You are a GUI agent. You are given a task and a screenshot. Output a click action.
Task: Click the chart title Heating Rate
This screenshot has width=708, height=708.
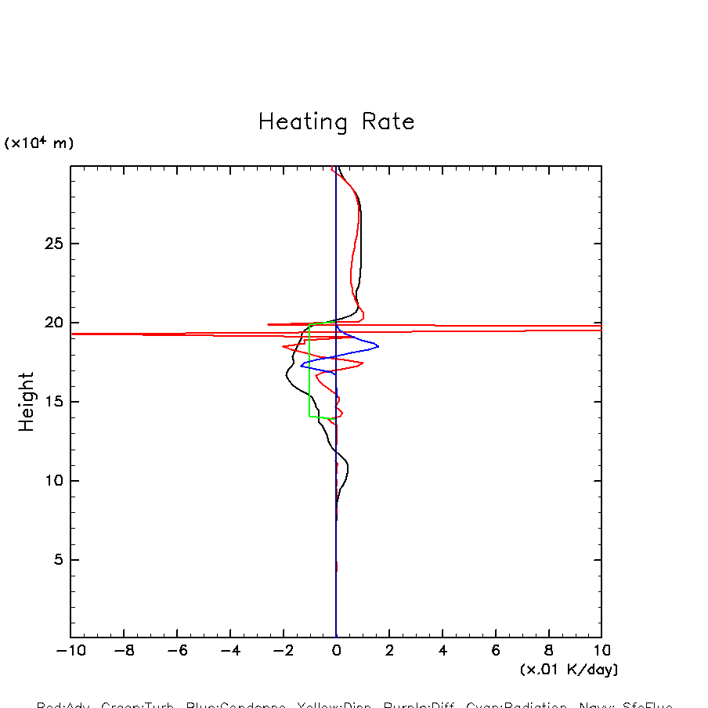click(x=336, y=122)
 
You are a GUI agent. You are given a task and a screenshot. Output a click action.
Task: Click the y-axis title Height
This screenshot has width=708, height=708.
click(x=27, y=401)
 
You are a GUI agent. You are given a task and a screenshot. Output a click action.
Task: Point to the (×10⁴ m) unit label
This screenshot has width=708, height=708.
click(x=39, y=143)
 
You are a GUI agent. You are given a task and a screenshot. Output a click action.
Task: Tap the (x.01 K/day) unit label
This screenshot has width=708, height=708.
click(x=569, y=670)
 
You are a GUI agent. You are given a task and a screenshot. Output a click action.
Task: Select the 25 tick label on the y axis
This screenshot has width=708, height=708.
click(x=52, y=244)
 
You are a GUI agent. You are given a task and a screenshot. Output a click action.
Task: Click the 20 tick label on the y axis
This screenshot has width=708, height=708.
click(x=52, y=323)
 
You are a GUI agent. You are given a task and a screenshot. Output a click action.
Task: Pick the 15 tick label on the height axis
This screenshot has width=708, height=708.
click(x=52, y=402)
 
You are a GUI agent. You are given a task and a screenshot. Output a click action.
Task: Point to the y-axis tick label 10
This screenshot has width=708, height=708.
click(x=52, y=481)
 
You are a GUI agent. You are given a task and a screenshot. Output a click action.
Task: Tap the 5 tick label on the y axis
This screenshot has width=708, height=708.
click(x=56, y=560)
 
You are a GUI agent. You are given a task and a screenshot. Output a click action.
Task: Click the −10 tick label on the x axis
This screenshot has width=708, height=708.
click(x=68, y=651)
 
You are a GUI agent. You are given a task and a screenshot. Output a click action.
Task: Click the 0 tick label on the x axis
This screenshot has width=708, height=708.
click(x=336, y=651)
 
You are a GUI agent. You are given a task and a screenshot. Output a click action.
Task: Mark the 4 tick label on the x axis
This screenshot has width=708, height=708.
click(x=442, y=651)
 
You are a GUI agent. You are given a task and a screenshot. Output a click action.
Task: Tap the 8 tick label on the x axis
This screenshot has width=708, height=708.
click(x=548, y=651)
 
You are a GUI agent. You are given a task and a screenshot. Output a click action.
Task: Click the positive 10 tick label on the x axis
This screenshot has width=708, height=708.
click(x=601, y=651)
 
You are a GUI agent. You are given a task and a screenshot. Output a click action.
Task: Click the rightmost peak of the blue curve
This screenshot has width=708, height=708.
click(x=378, y=346)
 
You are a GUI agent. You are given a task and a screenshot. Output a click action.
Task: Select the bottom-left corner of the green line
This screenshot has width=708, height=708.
click(x=310, y=416)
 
